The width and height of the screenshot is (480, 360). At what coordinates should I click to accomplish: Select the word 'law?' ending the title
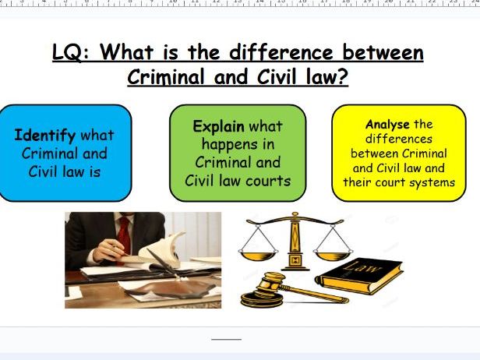(x=325, y=78)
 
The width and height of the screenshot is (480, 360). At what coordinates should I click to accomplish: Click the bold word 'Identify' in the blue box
(x=44, y=136)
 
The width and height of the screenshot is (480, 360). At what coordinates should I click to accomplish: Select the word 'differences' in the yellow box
(x=399, y=139)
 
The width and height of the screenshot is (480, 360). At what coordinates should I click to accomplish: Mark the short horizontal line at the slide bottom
(x=227, y=339)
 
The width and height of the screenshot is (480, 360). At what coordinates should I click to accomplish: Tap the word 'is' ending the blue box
(x=94, y=171)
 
